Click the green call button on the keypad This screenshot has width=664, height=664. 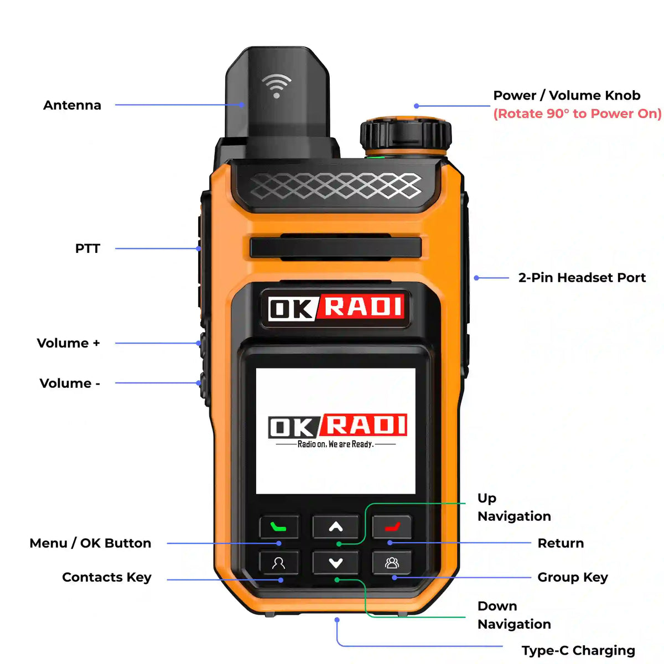tap(279, 526)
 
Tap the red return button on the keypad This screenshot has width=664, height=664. tap(392, 526)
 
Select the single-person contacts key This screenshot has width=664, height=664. tap(279, 563)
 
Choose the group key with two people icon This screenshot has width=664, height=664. tap(392, 563)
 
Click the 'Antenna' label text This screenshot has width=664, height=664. tap(72, 105)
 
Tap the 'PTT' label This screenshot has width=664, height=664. tap(87, 248)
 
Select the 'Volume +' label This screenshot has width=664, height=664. tap(68, 343)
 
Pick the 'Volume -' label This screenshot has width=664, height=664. tap(70, 383)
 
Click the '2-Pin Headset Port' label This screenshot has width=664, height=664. tap(582, 278)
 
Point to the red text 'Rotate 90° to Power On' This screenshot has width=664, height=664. tap(577, 113)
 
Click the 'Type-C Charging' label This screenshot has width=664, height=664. tap(578, 650)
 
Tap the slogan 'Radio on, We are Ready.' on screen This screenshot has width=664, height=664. tap(335, 444)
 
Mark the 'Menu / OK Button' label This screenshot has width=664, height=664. tap(90, 543)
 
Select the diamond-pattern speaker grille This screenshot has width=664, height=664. tap(335, 186)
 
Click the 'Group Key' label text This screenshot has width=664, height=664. tap(573, 577)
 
